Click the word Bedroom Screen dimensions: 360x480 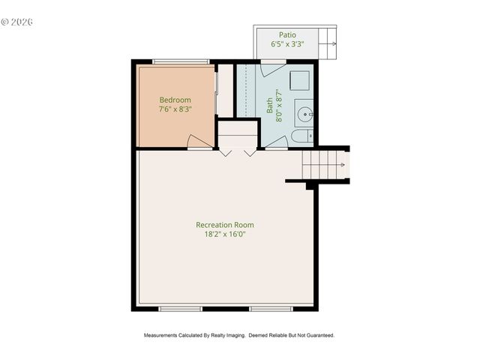[x=175, y=100]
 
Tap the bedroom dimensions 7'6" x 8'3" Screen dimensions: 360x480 [x=175, y=109]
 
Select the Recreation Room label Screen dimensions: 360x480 [x=224, y=225]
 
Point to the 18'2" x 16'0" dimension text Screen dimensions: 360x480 [x=224, y=235]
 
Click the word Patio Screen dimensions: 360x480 [x=287, y=34]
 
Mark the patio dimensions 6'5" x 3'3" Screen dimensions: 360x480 [x=287, y=44]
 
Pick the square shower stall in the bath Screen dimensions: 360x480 [x=301, y=80]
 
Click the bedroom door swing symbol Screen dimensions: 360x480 [x=199, y=141]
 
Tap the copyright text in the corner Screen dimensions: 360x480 [x=16, y=22]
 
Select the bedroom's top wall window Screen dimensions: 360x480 [x=181, y=61]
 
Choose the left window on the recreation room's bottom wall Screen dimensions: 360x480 [x=180, y=307]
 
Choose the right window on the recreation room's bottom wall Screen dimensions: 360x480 [x=271, y=307]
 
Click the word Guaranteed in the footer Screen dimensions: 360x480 [x=318, y=335]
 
